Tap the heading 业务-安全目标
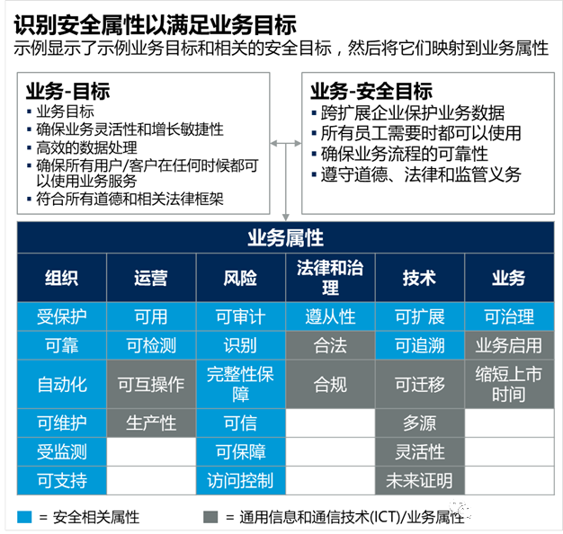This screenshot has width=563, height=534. point(371,92)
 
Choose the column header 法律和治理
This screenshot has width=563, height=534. point(330,277)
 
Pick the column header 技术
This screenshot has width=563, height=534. point(419,278)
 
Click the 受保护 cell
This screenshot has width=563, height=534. point(62,316)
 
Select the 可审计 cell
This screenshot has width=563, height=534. point(240,316)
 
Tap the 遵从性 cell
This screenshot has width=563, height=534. point(330,316)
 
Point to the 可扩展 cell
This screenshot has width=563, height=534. point(419,316)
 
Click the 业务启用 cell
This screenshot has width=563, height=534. point(509,346)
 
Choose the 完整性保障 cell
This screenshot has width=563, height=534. point(240,385)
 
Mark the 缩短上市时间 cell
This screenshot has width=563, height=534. point(509,385)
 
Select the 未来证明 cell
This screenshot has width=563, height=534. point(419,480)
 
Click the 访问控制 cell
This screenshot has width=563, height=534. point(240,480)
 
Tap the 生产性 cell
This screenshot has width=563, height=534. point(151,423)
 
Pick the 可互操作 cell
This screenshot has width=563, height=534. point(151,385)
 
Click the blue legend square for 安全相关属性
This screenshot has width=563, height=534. point(24,517)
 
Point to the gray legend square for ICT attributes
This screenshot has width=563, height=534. point(210,517)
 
